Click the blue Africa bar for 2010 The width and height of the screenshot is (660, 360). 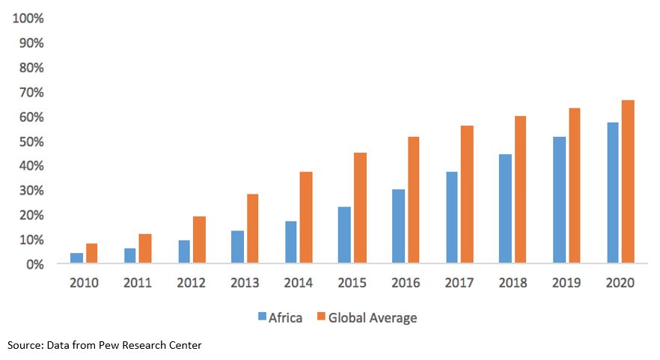point(76,258)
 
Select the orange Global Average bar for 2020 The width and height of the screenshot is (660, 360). point(628,182)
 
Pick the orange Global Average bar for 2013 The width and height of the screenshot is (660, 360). point(252,229)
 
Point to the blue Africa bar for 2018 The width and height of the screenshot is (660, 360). point(505,209)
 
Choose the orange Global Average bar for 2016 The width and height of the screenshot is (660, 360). point(413,200)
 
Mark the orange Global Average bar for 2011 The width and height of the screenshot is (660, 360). point(144,248)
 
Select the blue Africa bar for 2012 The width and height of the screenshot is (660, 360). point(184,251)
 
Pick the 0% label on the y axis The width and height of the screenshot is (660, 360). point(34,264)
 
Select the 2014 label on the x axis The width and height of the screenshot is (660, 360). point(299,283)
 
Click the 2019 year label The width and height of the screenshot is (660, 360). point(566,283)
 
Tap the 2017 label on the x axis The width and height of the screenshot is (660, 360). point(459,283)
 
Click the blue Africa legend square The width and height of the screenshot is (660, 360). point(262,317)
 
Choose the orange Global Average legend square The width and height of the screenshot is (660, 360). point(321,317)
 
